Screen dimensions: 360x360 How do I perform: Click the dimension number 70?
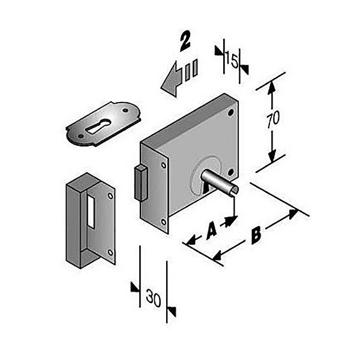point(273,119)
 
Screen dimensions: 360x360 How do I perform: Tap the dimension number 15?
point(232,60)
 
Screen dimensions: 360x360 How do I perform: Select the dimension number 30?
point(154,298)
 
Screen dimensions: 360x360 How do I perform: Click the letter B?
point(256,235)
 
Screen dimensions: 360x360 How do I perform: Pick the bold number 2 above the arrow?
point(185,41)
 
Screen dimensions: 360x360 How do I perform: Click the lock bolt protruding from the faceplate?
point(141,183)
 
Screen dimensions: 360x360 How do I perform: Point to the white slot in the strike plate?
point(91,211)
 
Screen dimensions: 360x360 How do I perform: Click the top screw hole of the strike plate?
point(110,196)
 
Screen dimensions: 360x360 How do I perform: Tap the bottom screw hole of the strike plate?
point(110,253)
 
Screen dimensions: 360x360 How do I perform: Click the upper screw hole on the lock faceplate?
point(164,165)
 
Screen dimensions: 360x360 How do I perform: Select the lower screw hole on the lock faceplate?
point(163,222)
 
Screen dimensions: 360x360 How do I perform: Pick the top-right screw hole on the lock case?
point(231,113)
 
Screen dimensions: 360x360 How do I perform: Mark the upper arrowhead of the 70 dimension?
point(272,88)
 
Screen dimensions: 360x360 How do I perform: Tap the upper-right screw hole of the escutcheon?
point(125,110)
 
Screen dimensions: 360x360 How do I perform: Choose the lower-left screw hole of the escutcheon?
point(80,136)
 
